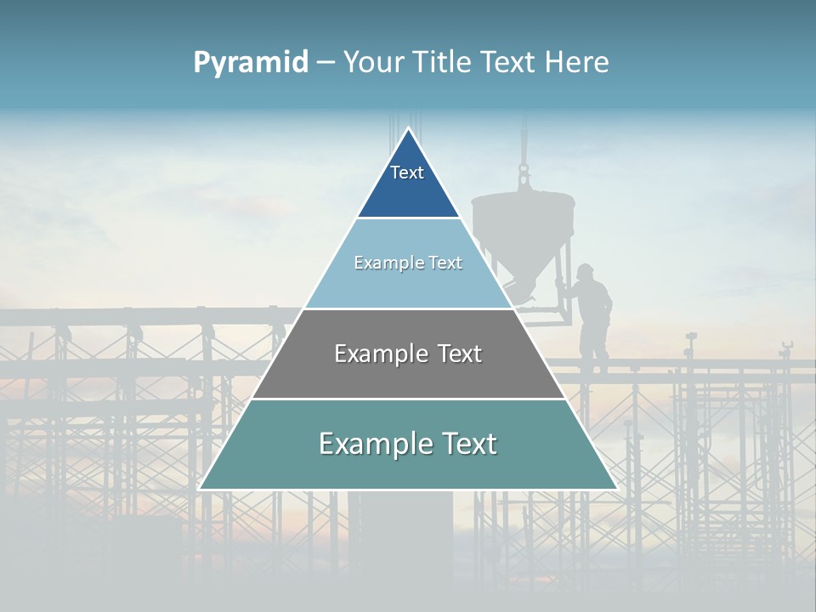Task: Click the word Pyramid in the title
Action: (251, 63)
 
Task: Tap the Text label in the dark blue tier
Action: (407, 173)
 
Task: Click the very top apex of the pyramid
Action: (408, 128)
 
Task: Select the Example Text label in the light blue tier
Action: (408, 263)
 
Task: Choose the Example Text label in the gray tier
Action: (408, 354)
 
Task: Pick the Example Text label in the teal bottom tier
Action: (408, 444)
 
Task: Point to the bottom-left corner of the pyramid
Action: (200, 489)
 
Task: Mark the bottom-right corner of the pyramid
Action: (616, 489)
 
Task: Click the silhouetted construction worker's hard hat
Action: (586, 271)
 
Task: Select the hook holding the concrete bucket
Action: (524, 178)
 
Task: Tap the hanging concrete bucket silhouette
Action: (523, 229)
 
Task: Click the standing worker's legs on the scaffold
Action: (592, 348)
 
